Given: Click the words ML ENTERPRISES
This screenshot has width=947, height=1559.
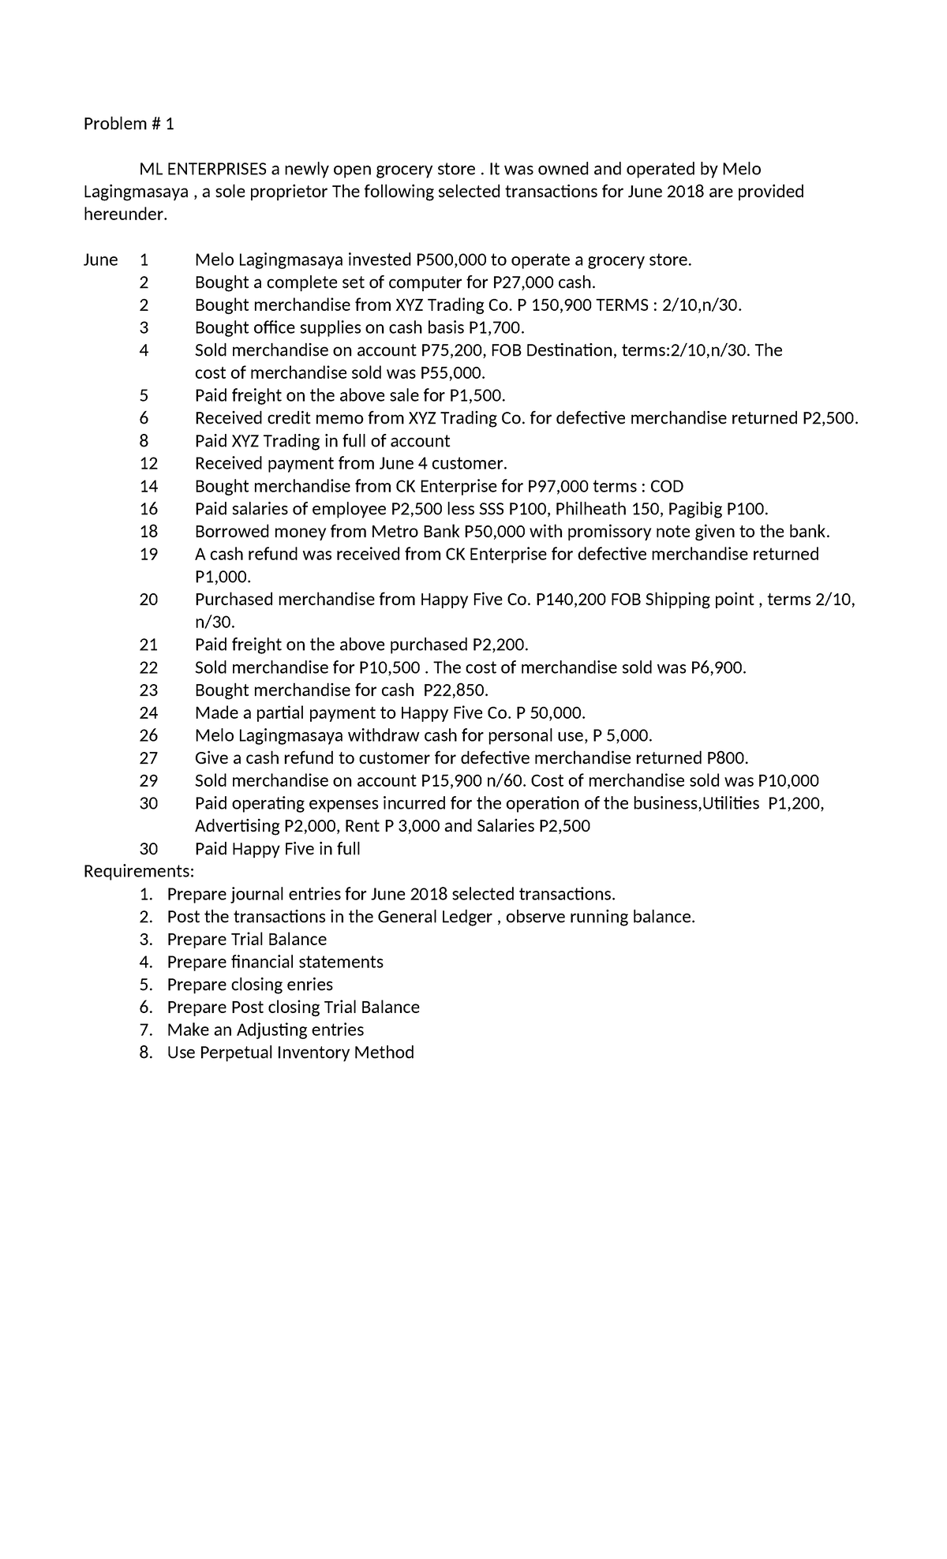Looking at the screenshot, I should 204,169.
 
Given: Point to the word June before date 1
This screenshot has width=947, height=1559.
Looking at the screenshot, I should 100,260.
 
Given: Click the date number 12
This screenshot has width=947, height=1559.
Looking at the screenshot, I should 148,463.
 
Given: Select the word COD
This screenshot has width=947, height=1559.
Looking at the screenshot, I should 666,486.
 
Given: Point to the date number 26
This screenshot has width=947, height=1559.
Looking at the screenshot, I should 148,735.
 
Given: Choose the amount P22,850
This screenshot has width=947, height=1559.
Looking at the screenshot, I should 455,690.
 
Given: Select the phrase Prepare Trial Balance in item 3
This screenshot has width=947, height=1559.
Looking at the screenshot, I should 246,940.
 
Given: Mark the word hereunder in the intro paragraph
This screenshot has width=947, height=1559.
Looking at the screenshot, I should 125,215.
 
